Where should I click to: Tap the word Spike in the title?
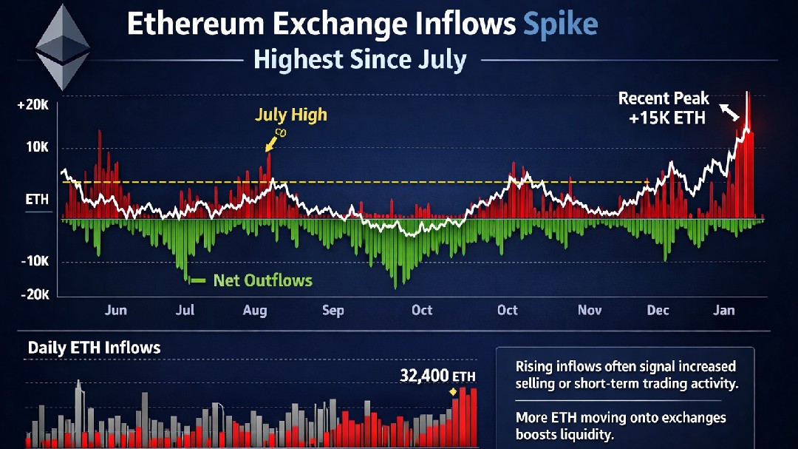point(560,24)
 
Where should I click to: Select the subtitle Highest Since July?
point(360,59)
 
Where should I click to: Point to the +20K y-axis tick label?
point(33,106)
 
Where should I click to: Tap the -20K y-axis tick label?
point(34,294)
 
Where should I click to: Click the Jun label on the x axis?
point(115,310)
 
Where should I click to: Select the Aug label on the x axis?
point(255,310)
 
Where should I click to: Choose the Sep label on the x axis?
point(333,310)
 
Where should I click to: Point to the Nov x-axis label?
point(590,310)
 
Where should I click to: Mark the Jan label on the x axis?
point(724,310)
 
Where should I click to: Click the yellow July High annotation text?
point(290,115)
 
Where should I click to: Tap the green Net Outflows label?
point(262,280)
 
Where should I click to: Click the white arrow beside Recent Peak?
point(730,112)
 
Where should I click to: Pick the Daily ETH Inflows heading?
point(94,347)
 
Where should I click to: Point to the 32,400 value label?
point(424,375)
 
